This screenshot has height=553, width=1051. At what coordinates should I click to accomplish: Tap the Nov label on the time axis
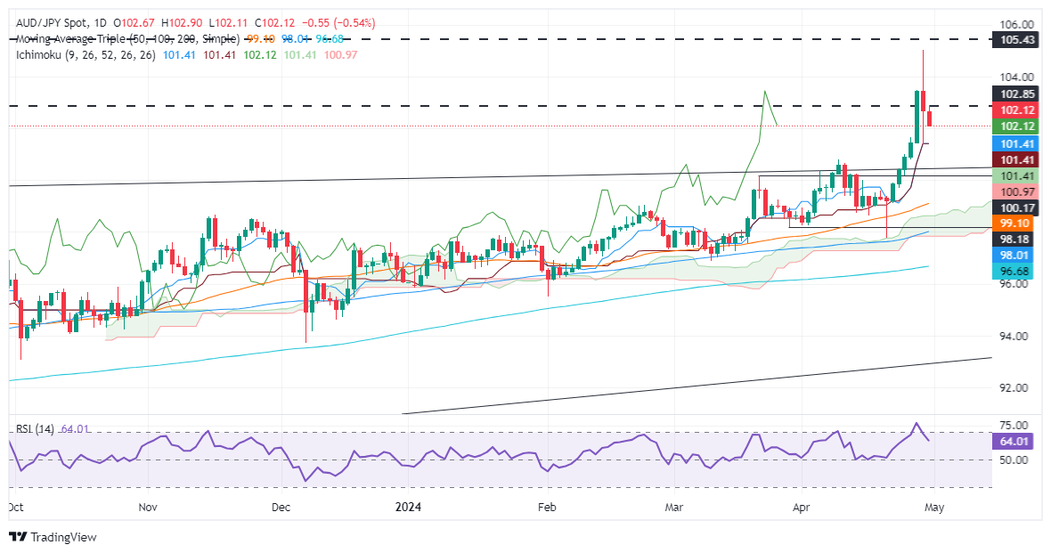[x=149, y=506]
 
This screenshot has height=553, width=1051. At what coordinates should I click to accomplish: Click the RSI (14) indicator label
[x=35, y=429]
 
